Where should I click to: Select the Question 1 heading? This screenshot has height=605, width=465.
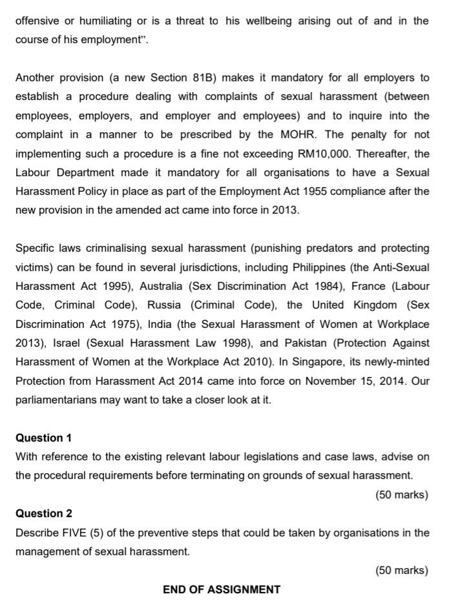[44, 438]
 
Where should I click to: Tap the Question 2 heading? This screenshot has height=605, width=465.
[44, 513]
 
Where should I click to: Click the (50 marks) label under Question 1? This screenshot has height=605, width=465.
[401, 495]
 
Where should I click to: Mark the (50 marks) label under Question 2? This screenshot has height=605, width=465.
[401, 570]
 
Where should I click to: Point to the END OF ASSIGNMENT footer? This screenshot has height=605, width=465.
[222, 590]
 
